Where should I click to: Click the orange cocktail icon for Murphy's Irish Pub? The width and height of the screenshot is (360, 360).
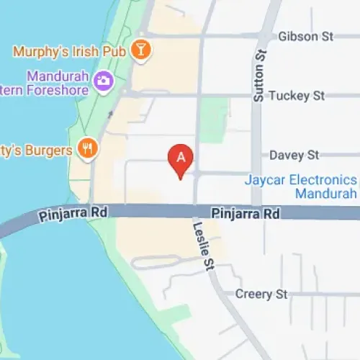coord(143,50)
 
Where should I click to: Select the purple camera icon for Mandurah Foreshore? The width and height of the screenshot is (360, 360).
coord(103,81)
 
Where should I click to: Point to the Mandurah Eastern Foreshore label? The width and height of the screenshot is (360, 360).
coord(50,84)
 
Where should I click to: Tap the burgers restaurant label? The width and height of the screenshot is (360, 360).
coord(36,150)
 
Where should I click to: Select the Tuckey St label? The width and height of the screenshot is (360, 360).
coord(296,96)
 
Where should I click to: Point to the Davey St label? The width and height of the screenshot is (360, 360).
coord(294,155)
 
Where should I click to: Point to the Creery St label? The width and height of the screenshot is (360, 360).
coord(261,294)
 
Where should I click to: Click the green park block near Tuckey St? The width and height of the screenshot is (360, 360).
coord(213,119)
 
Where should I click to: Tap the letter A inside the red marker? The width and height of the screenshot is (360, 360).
coord(181,155)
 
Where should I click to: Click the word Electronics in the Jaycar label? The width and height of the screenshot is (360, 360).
coord(319,180)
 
